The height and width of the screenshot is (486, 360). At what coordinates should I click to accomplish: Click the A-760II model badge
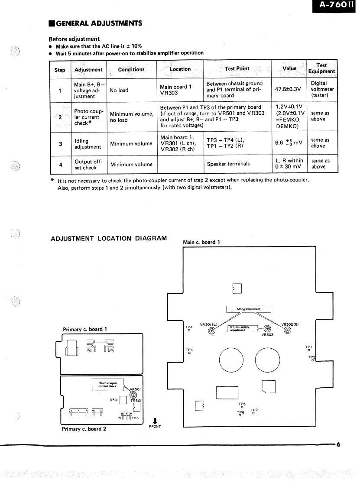(x=333, y=5)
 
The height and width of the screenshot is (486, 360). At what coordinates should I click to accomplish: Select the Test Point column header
(x=237, y=68)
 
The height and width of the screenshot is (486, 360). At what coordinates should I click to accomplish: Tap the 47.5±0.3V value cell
(x=288, y=90)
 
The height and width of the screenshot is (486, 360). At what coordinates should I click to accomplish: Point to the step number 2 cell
(x=60, y=117)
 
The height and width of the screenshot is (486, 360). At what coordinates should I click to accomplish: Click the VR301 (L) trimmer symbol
(x=211, y=331)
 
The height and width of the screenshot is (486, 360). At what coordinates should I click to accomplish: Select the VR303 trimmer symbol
(x=267, y=328)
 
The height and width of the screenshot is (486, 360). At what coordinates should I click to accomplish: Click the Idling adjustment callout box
(x=249, y=309)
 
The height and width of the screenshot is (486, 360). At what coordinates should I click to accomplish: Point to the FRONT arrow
(x=155, y=421)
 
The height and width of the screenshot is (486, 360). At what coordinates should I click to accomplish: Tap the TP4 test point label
(x=189, y=350)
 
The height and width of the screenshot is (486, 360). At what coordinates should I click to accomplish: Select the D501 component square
(x=123, y=399)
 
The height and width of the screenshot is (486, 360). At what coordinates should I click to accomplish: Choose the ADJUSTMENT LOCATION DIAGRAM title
(x=109, y=239)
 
